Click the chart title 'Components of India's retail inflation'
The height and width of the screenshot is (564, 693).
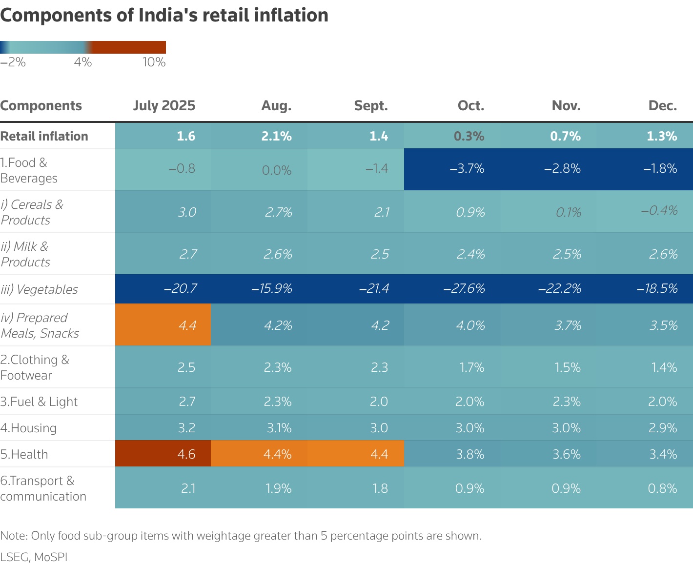[164, 16]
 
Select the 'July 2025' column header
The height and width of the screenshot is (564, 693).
[164, 106]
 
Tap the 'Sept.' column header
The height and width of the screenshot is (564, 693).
[370, 106]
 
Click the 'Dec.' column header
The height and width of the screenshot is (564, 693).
[662, 106]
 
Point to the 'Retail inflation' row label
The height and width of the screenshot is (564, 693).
[44, 136]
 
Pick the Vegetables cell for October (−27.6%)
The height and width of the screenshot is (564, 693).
[464, 289]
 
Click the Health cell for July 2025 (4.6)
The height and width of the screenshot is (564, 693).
[186, 454]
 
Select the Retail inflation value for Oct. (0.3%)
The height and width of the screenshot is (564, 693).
[469, 136]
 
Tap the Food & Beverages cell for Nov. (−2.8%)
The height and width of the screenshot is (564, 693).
[562, 169]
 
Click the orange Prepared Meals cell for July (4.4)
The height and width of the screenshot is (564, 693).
[187, 325]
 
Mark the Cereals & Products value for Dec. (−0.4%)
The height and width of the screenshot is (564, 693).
[659, 211]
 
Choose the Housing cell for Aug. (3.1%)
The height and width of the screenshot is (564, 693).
[279, 428]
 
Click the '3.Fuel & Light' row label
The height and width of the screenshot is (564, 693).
[39, 402]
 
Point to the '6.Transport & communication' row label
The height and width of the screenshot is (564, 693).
[43, 488]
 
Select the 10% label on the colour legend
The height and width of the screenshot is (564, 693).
[154, 62]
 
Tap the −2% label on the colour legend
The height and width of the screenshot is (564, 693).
[13, 62]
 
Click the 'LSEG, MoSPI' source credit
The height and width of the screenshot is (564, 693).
[34, 557]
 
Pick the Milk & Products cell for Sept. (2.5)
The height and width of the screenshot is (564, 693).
[379, 254]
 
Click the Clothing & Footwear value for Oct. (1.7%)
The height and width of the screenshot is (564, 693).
[471, 367]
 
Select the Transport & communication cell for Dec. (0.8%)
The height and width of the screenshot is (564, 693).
[662, 488]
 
